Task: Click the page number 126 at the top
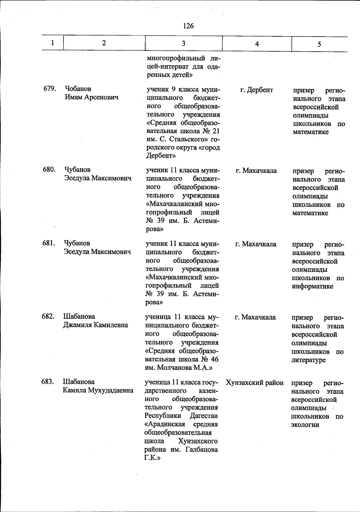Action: pos(188,26)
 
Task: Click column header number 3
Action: pos(183,43)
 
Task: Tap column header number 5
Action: pos(319,44)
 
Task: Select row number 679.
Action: pos(49,89)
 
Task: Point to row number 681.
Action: pos(48,243)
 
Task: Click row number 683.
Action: pos(47,382)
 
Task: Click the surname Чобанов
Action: pos(78,89)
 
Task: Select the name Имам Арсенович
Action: pos(91,97)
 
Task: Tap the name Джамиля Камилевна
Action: pos(95,325)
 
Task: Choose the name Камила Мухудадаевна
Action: pos(98,390)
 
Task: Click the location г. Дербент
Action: pos(257,90)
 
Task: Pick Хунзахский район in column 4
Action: pos(255,383)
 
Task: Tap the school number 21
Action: pos(216,131)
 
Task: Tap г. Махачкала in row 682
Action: pos(255,317)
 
